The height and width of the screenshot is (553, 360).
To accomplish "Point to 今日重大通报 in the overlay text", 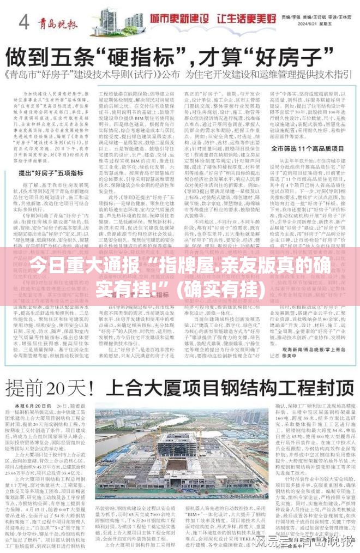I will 80,269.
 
